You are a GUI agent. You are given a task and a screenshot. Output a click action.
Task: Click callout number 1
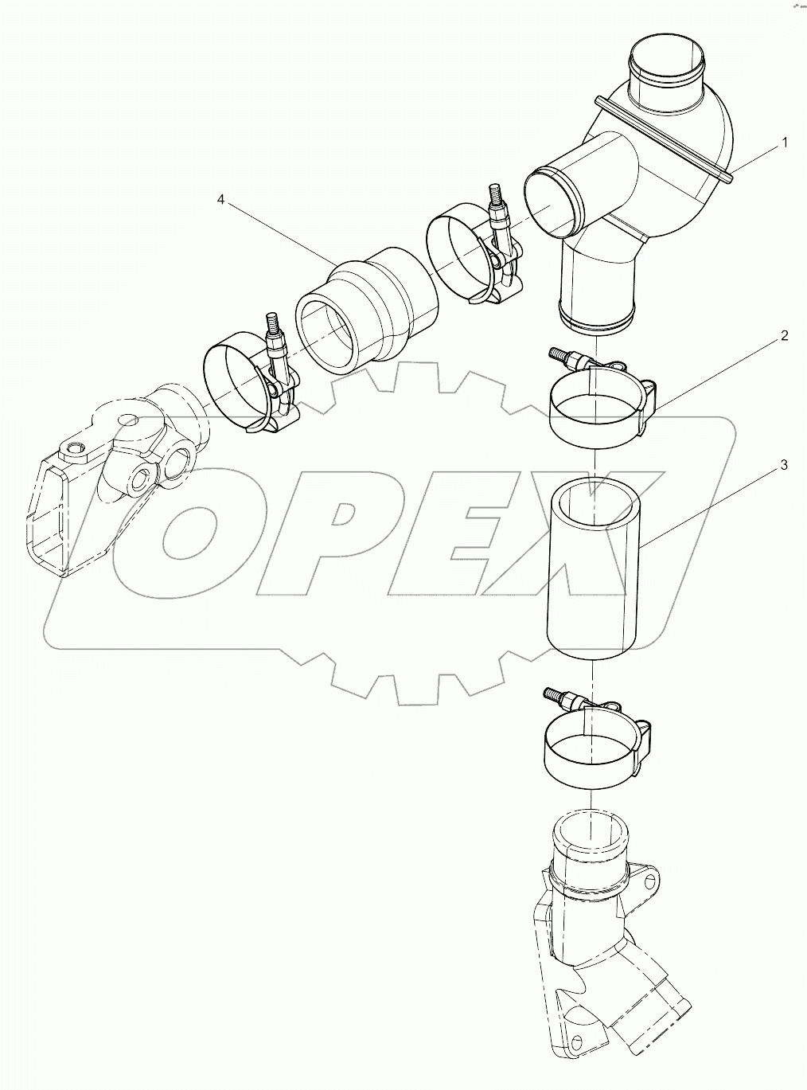(784, 143)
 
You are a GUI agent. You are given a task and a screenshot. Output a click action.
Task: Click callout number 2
(784, 336)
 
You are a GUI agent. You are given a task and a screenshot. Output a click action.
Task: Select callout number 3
(784, 465)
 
